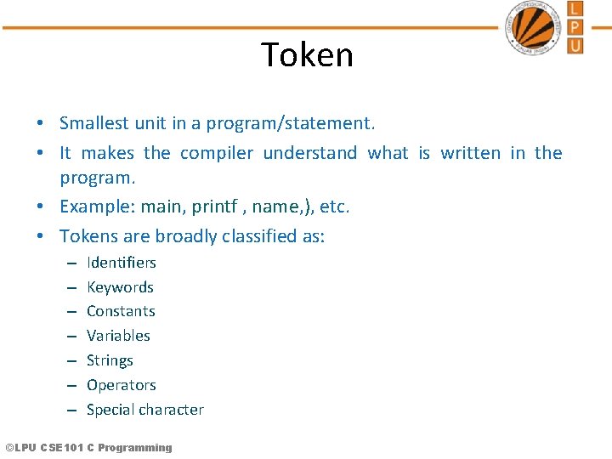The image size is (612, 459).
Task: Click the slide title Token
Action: coord(307,55)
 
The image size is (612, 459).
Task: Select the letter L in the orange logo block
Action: coord(575,9)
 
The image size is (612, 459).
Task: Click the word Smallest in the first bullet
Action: coord(94,123)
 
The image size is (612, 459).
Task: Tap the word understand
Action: coord(310,153)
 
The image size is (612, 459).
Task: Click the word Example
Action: coord(95,207)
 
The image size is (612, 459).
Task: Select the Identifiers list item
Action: coord(122,263)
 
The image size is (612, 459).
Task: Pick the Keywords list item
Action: coord(120,287)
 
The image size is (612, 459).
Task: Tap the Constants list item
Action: coord(121,311)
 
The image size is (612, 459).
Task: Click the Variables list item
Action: coord(118,336)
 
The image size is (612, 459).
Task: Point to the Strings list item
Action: coord(110,360)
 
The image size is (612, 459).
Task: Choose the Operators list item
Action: coord(122,385)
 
